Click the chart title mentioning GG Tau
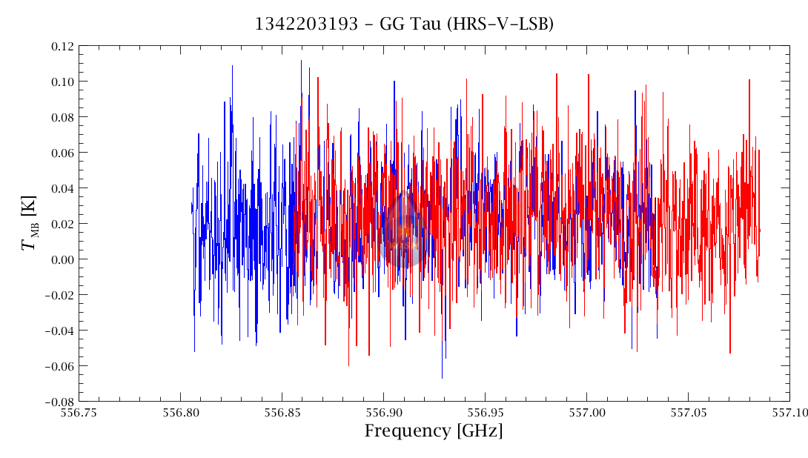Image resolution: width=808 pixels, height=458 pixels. tap(404, 24)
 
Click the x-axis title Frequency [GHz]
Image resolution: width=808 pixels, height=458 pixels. tap(434, 431)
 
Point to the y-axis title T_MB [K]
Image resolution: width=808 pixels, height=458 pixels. tap(31, 223)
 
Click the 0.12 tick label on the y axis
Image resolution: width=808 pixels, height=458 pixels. tap(62, 46)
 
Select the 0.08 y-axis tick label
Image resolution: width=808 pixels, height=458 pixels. tap(62, 117)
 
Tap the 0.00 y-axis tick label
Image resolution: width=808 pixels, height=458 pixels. tap(62, 259)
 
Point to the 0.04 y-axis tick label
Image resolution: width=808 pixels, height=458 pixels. tap(62, 188)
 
